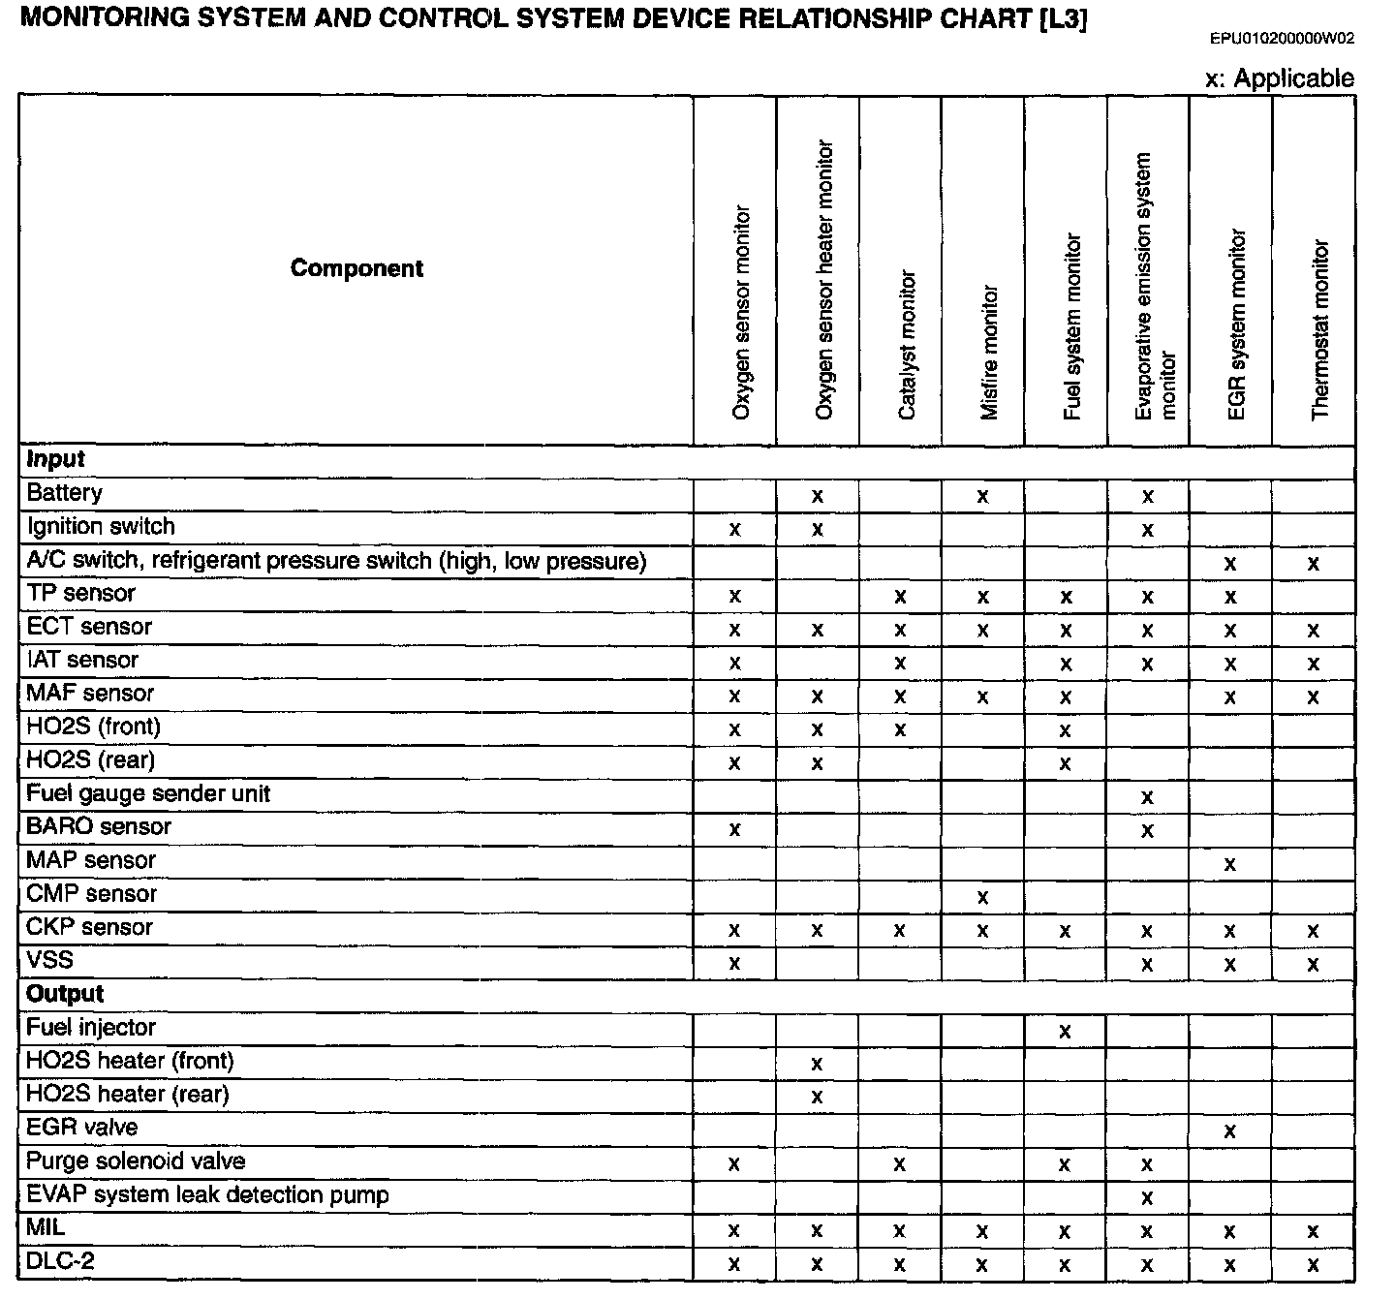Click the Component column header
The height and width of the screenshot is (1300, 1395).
(x=356, y=268)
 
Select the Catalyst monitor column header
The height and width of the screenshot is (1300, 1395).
(x=907, y=345)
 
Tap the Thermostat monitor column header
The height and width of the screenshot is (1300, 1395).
(x=1319, y=329)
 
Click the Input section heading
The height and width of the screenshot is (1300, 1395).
(x=56, y=459)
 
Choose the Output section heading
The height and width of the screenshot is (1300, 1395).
(x=65, y=994)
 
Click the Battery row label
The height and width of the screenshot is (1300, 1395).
(x=64, y=493)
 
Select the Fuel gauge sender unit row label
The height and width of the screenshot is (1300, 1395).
(x=148, y=794)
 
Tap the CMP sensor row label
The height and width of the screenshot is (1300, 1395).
(x=91, y=894)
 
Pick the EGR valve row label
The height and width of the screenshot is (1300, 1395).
(x=82, y=1128)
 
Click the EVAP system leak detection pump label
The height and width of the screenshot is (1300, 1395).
(x=207, y=1194)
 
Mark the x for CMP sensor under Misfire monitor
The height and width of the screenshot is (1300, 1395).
(x=982, y=898)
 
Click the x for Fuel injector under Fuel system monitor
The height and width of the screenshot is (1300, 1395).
(x=1065, y=1032)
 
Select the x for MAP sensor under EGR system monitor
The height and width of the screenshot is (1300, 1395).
(x=1230, y=864)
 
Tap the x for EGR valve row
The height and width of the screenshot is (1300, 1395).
(x=1230, y=1131)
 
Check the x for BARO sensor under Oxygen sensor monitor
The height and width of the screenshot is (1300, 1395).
(x=734, y=830)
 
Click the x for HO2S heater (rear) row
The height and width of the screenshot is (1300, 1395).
(x=817, y=1098)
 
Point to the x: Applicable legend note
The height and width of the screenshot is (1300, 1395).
(x=1279, y=78)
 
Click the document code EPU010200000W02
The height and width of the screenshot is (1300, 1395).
(x=1282, y=39)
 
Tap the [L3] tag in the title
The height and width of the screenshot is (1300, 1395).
(x=1061, y=20)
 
